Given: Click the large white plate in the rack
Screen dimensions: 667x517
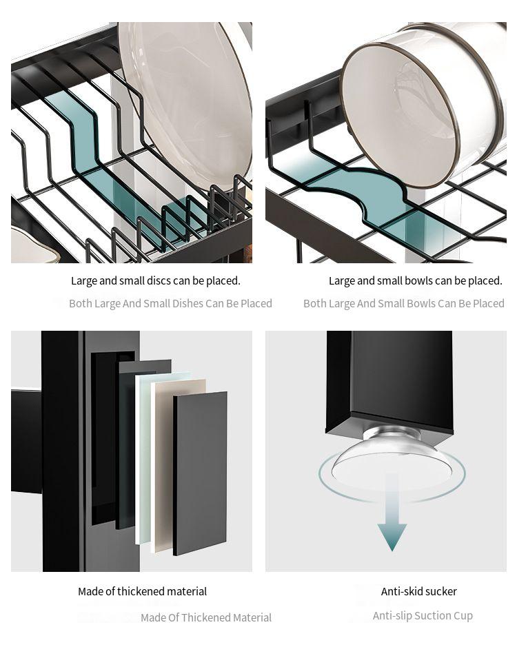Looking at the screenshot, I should point(186,96).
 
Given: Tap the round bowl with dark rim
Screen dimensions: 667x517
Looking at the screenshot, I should point(400,103).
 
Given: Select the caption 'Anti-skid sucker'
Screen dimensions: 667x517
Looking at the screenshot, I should point(418,591).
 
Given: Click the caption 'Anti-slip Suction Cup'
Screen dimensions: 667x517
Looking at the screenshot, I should point(423,615).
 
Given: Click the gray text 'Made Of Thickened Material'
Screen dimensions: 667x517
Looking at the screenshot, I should point(206,617).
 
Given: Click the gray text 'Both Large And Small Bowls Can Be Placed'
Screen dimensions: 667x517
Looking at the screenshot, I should point(403,303).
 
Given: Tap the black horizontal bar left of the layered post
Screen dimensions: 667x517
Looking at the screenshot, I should point(26,441).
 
